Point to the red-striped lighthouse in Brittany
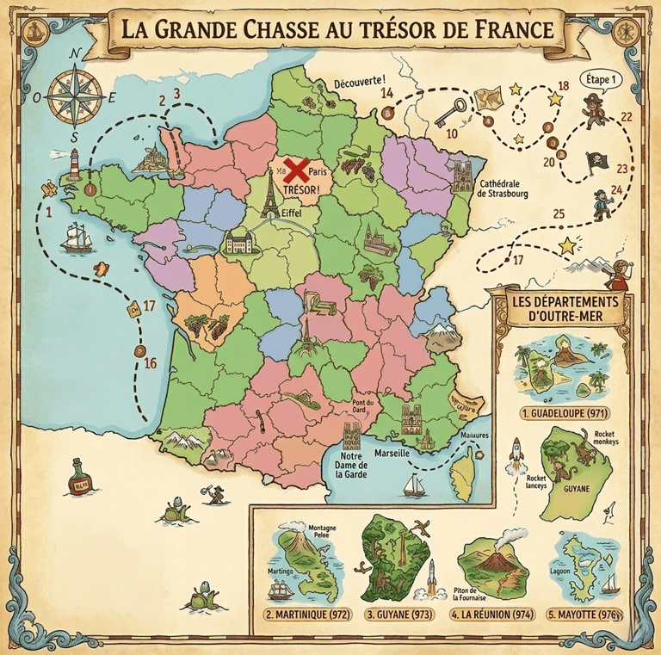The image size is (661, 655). click(75, 163)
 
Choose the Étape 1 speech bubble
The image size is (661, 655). click(602, 78)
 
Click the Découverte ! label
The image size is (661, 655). click(359, 82)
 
